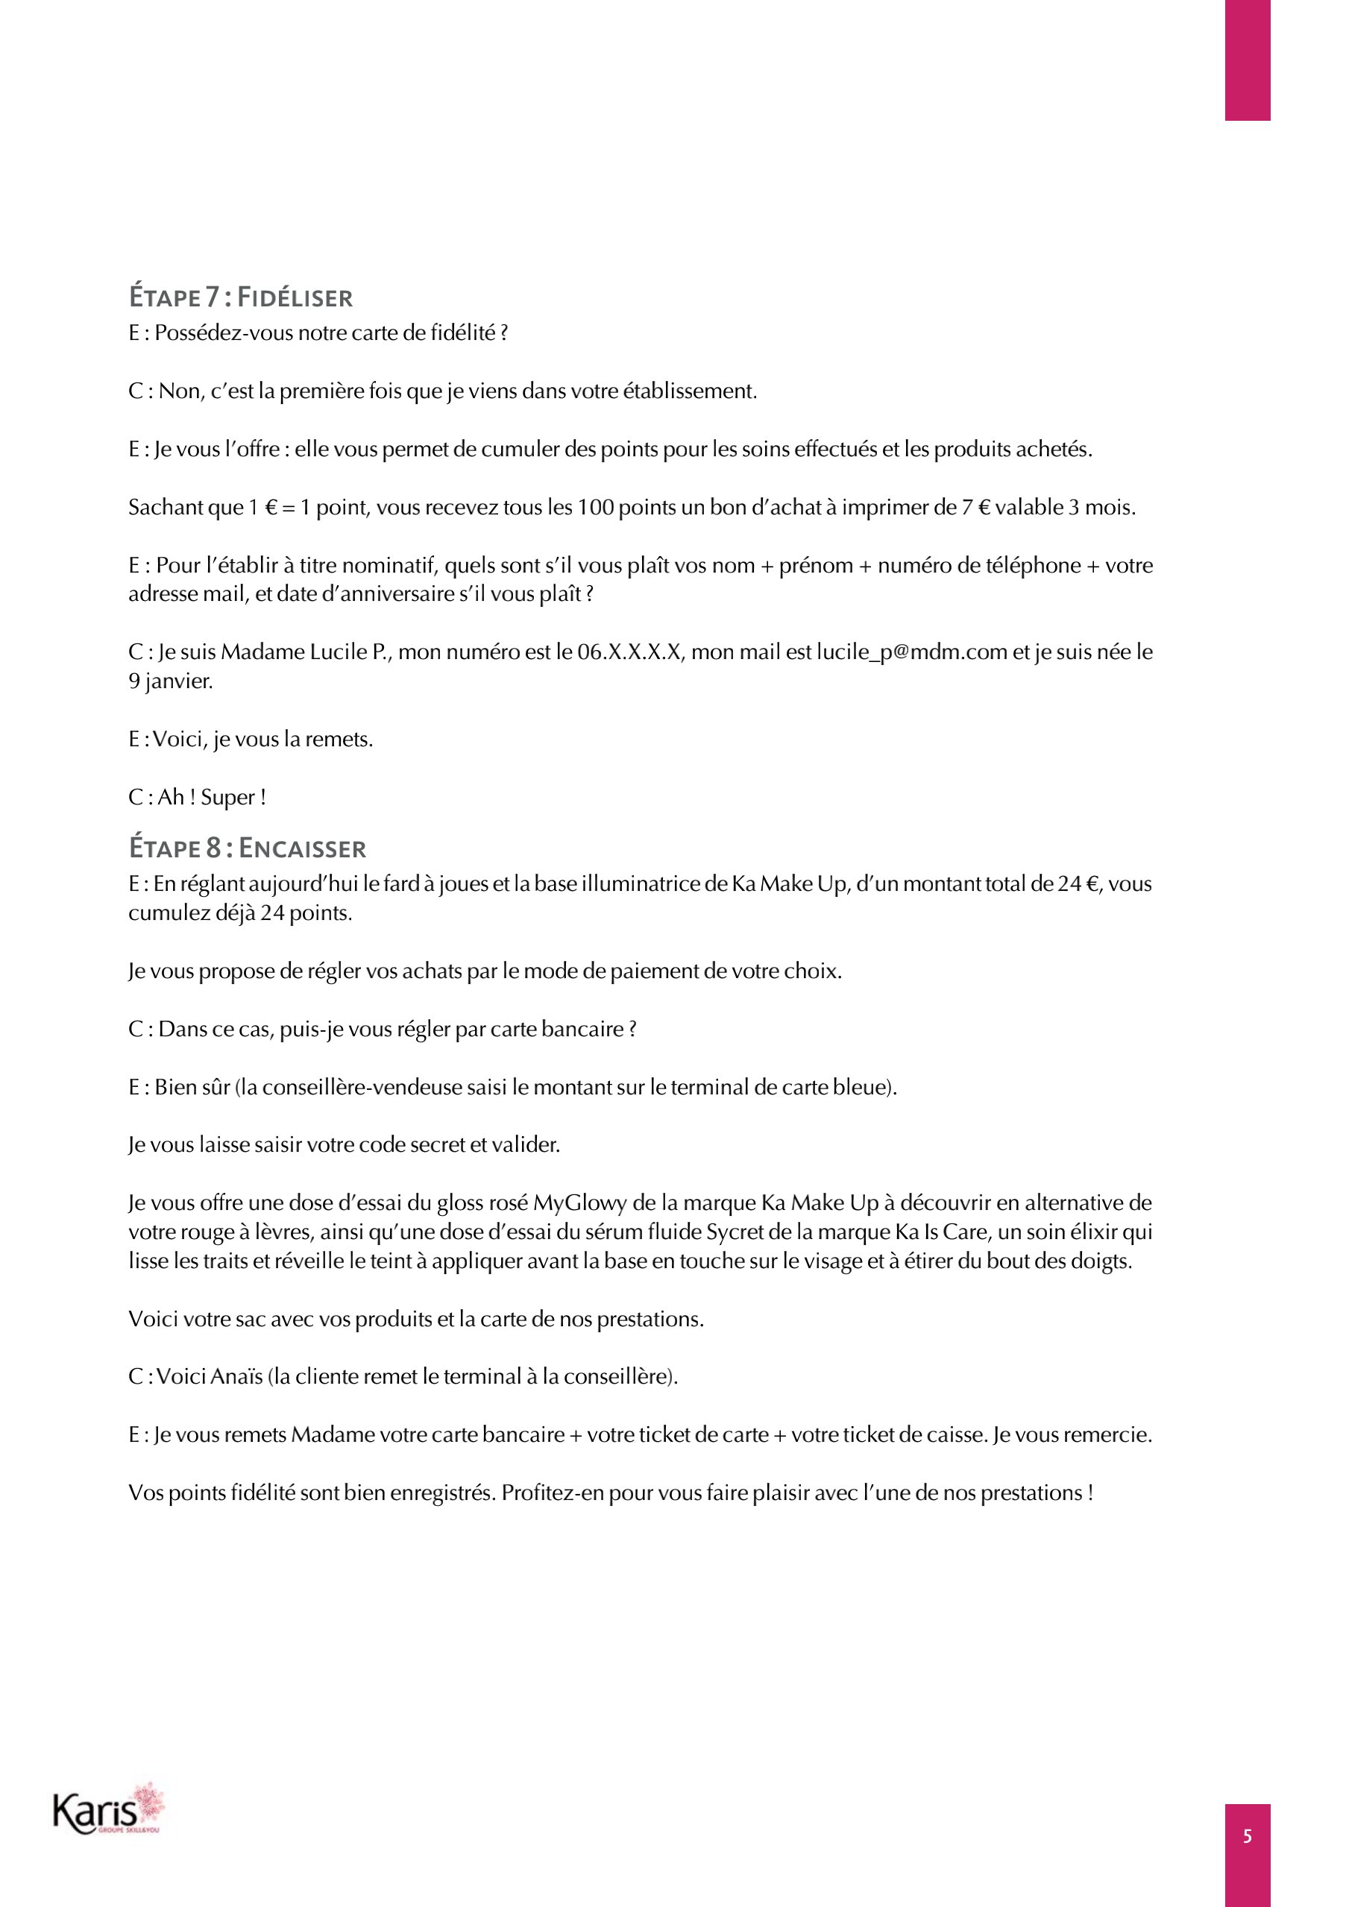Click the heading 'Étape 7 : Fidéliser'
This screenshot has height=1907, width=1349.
(241, 297)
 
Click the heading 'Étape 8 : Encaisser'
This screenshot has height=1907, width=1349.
(248, 848)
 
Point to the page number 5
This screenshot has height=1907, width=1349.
(1247, 1836)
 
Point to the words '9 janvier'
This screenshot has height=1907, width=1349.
(170, 681)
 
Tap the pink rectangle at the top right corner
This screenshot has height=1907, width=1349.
(1247, 60)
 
